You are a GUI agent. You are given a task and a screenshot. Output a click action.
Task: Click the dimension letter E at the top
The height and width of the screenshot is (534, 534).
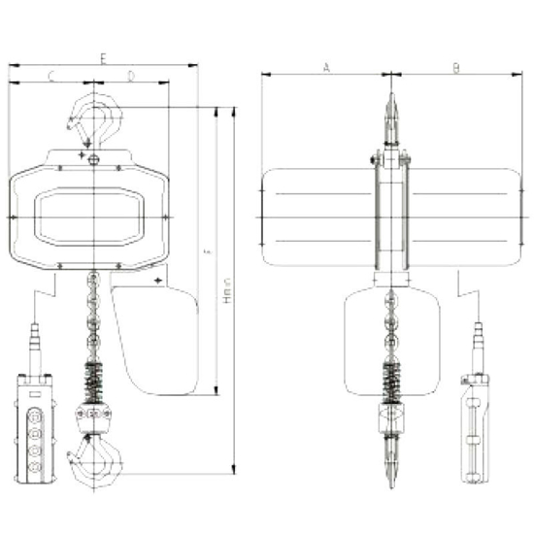102,58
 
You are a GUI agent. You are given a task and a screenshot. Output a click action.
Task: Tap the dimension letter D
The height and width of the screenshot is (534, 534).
131,75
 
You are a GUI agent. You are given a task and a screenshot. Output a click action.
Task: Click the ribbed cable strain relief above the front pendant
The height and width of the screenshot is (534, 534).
35,346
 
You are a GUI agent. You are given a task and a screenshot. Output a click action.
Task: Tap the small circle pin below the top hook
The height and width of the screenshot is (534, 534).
92,160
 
